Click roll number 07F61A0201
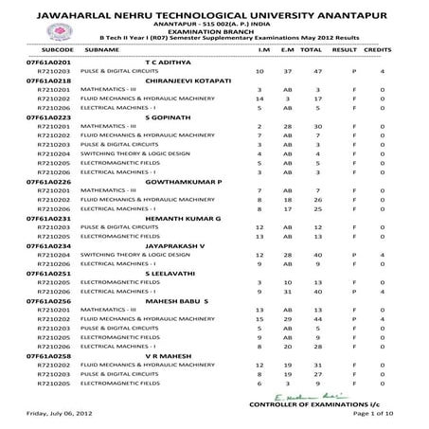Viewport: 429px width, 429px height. coord(45,59)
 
